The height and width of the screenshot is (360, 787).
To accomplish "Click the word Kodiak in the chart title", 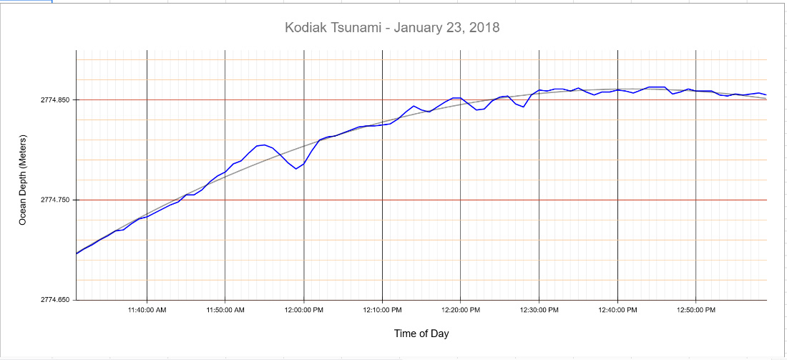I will [303, 28].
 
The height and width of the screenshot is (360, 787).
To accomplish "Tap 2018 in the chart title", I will [484, 28].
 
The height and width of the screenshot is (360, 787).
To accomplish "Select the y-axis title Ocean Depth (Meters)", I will [22, 180].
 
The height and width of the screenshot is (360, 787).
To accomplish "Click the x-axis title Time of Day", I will [421, 334].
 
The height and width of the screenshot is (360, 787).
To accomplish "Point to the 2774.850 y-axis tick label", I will [55, 100].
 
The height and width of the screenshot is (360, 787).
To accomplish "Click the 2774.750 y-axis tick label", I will [55, 200].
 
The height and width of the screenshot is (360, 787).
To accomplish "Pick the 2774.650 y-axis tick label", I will [55, 300].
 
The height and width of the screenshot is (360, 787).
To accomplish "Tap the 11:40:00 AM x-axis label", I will [147, 310].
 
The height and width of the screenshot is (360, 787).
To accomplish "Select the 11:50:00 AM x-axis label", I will [225, 310].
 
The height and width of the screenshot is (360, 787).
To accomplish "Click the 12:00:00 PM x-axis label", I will [304, 310].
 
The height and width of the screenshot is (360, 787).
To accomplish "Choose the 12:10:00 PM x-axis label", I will [382, 310].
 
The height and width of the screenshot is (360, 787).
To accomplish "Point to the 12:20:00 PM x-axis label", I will [461, 310].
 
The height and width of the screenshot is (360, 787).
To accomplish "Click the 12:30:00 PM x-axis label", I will [539, 310].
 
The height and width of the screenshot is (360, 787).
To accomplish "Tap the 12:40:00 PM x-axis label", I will [617, 310].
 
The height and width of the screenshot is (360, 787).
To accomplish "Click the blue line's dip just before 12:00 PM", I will [296, 169].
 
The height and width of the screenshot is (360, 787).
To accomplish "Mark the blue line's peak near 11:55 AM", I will [265, 145].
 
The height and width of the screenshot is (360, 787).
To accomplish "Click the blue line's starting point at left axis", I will [77, 253].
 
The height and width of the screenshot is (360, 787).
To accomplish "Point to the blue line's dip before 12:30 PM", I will [524, 107].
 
